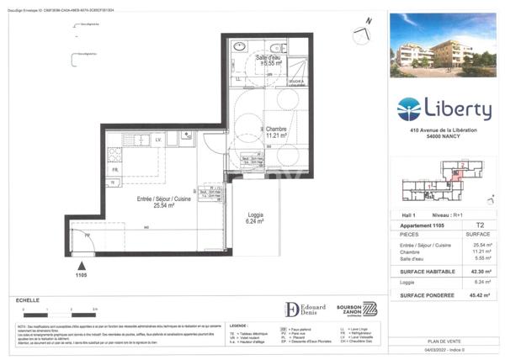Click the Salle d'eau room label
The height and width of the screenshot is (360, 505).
pyautogui.click(x=273, y=60)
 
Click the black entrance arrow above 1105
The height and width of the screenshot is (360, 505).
pyautogui.click(x=80, y=262)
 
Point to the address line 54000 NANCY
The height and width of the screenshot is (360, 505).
pyautogui.click(x=444, y=135)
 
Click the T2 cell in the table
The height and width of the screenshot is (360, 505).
pyautogui.click(x=480, y=225)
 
